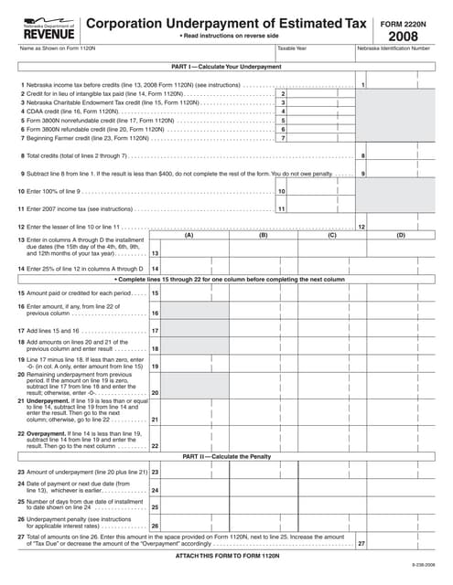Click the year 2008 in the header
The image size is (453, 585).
(x=403, y=36)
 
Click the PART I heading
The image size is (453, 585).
(x=226, y=67)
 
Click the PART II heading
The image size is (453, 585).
(x=225, y=455)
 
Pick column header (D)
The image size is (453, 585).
(x=400, y=235)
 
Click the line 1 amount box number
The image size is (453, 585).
(x=364, y=85)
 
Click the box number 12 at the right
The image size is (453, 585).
(x=362, y=226)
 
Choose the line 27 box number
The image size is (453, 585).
(x=361, y=544)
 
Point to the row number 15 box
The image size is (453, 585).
(x=155, y=292)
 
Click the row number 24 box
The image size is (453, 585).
(x=155, y=490)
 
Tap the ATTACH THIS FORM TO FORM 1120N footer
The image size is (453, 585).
(x=226, y=556)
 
